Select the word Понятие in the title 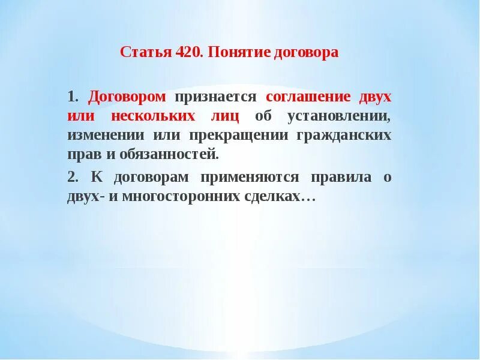pyautogui.click(x=230, y=52)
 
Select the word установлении pyautogui.click(x=338, y=116)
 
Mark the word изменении pyautogui.click(x=98, y=135)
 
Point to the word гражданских pyautogui.click(x=344, y=135)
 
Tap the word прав pyautogui.click(x=82, y=154)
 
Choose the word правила pyautogui.click(x=339, y=177)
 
